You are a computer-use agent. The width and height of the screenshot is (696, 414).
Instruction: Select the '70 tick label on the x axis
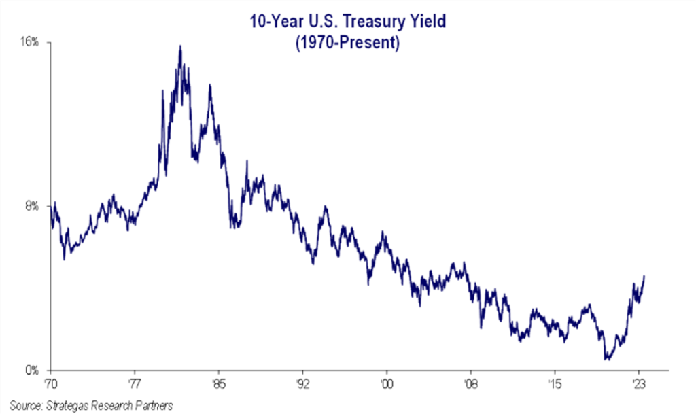(51, 382)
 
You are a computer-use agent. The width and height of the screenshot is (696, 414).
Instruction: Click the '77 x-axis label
(135, 382)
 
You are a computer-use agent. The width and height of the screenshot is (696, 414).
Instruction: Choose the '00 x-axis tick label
(387, 382)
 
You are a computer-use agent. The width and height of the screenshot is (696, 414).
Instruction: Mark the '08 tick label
(471, 382)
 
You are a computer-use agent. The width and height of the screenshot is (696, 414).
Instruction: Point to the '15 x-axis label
(555, 382)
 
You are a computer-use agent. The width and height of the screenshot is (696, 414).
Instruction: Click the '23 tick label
(639, 382)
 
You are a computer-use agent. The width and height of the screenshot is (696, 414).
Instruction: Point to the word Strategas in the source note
(69, 406)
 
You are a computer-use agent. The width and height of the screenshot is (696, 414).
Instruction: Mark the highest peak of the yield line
(180, 46)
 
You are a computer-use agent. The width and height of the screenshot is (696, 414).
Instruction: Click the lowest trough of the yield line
(606, 359)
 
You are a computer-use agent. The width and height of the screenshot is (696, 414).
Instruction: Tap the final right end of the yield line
(644, 275)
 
